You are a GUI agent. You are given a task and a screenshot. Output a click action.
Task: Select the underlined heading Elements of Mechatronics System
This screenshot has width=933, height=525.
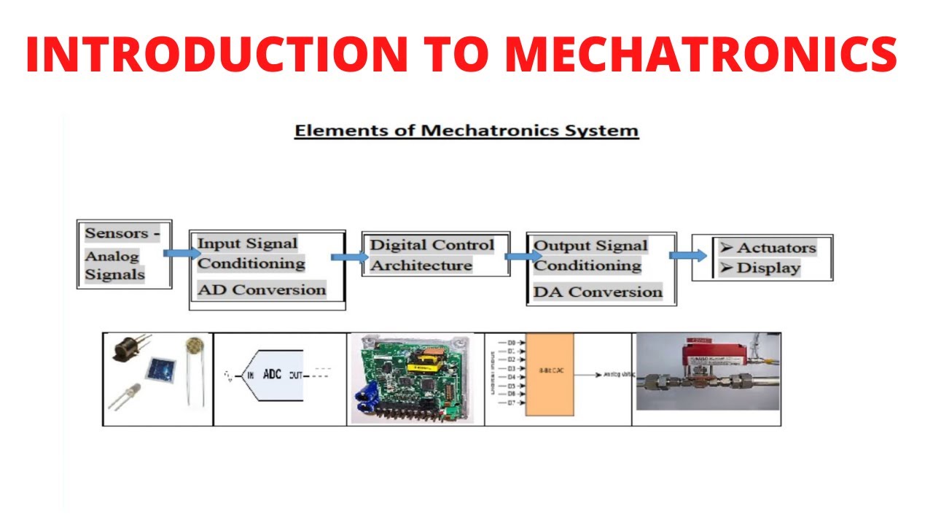(466, 131)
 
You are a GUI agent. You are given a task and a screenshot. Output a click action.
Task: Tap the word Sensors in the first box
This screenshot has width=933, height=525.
(116, 234)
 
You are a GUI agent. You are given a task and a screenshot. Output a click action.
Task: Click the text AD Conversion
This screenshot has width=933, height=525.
(262, 289)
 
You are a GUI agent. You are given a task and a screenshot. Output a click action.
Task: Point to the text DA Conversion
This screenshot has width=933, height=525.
(598, 292)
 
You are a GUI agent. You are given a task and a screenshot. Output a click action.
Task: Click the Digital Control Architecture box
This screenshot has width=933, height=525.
(435, 254)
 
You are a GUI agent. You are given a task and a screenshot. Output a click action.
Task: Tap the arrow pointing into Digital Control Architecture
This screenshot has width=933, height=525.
(349, 257)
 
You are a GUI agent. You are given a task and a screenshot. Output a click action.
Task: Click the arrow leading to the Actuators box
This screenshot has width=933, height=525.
(687, 255)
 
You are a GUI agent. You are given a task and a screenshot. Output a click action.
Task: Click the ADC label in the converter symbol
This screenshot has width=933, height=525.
(272, 375)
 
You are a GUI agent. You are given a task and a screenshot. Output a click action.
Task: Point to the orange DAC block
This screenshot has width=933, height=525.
(549, 374)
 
